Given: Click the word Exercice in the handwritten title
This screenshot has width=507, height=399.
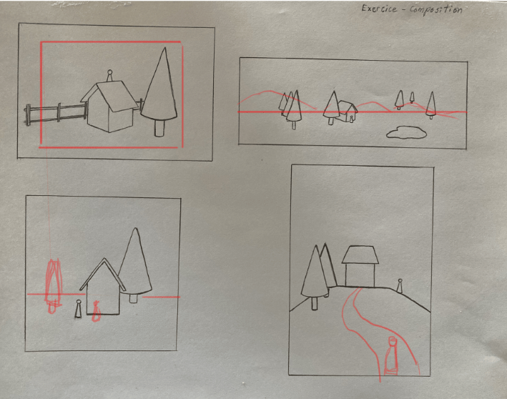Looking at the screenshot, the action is click(379, 9).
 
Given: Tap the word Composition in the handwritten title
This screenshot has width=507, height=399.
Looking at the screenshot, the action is click(436, 9).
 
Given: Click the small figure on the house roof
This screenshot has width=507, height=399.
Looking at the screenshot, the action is click(109, 76).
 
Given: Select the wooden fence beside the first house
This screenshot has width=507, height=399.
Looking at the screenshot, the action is click(56, 114).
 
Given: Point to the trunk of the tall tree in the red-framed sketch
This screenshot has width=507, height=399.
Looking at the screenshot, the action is click(159, 128).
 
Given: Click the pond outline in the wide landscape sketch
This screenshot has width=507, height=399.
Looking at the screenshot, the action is click(406, 132).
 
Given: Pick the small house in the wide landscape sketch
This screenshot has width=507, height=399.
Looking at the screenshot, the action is click(348, 112).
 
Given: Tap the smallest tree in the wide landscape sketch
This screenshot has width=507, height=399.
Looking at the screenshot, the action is click(412, 97).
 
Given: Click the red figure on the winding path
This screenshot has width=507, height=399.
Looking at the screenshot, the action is click(391, 356).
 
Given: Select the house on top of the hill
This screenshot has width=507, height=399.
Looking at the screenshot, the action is click(360, 266).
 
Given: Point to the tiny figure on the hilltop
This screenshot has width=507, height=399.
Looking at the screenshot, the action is click(400, 286).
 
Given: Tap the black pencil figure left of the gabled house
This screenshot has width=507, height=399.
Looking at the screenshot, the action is click(78, 309).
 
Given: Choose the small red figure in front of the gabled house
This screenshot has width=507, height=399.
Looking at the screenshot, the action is click(96, 311).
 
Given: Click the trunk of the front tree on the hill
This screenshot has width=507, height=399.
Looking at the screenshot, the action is click(315, 303).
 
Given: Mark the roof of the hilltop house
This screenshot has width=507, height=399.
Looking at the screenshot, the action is click(360, 255).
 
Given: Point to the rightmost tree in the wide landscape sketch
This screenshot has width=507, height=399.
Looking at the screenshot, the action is click(430, 105).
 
